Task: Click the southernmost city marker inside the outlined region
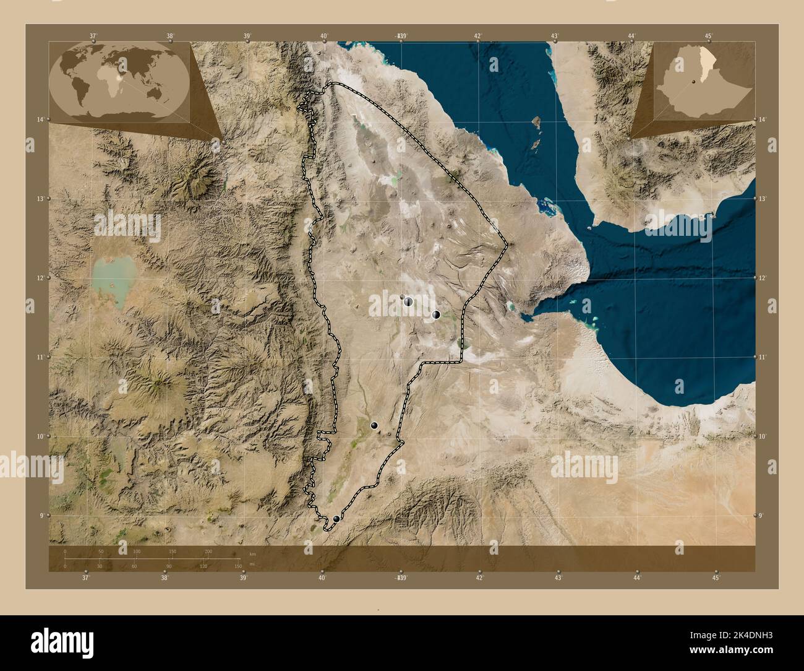pyautogui.click(x=336, y=519)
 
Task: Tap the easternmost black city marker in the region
pyautogui.click(x=436, y=314)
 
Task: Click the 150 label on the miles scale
pyautogui.click(x=237, y=566)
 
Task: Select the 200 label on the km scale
pyautogui.click(x=208, y=551)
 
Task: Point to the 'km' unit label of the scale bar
pyautogui.click(x=252, y=553)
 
